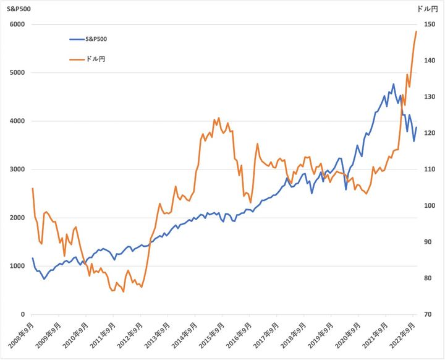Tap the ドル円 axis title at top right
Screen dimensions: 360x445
427,9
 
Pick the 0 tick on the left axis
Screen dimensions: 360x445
22,314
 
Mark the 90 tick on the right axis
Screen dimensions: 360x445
428,242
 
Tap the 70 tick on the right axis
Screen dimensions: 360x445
428,314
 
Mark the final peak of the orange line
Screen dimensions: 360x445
417,31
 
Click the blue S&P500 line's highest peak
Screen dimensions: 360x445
393,84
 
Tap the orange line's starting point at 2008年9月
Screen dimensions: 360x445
32,188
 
